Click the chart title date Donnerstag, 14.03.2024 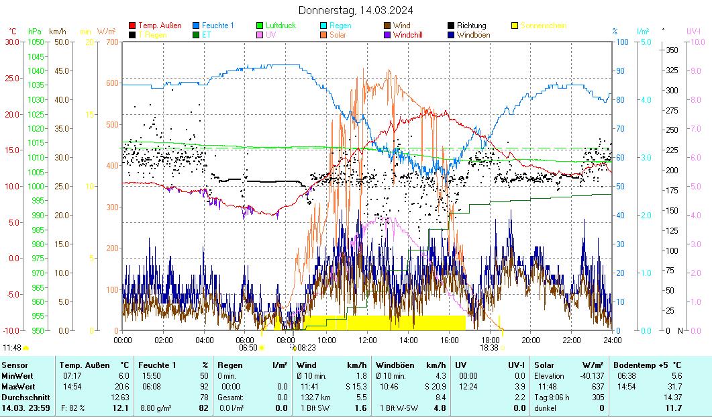355,10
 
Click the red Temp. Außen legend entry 159,26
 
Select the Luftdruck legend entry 280,26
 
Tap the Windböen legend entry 473,35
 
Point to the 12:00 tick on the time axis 367,340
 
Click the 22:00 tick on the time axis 571,340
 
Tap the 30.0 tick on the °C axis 12,42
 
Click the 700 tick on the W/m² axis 111,42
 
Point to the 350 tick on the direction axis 670,50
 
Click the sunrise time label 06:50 248,348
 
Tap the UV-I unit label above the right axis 693,31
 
